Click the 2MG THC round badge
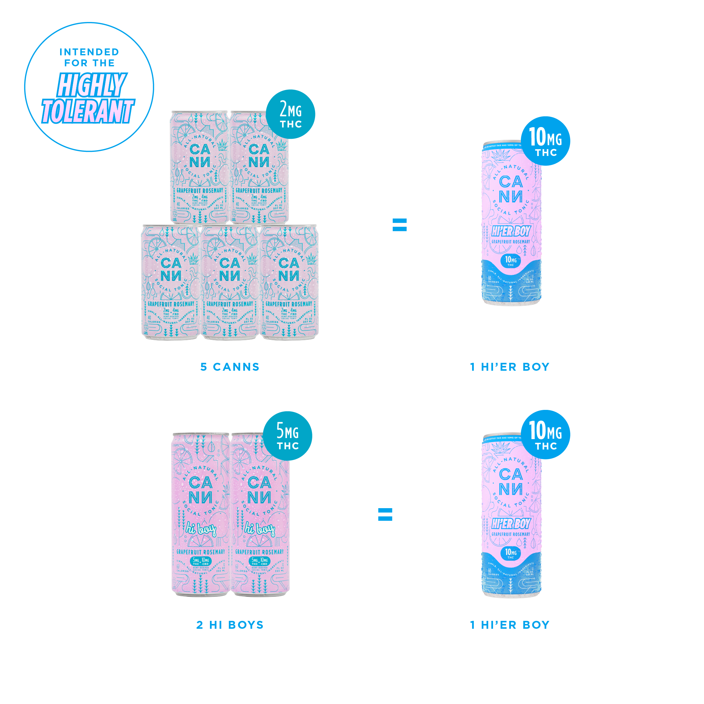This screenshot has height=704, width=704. pyautogui.click(x=290, y=114)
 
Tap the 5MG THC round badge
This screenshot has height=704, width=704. pyautogui.click(x=288, y=436)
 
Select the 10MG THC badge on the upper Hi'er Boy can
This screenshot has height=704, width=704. pyautogui.click(x=545, y=141)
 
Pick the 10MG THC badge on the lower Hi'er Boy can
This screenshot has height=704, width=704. pyautogui.click(x=545, y=434)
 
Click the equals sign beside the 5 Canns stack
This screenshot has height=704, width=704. pyautogui.click(x=399, y=225)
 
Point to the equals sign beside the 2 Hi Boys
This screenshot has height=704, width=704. pyautogui.click(x=385, y=515)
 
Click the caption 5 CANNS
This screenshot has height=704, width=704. pyautogui.click(x=230, y=367)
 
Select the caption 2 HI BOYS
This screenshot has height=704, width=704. pyautogui.click(x=230, y=625)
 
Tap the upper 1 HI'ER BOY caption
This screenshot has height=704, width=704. pyautogui.click(x=510, y=367)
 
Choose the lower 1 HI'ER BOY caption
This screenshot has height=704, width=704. pyautogui.click(x=510, y=625)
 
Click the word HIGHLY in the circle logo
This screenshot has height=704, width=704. pyautogui.click(x=92, y=85)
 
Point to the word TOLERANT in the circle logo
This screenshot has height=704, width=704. pyautogui.click(x=88, y=111)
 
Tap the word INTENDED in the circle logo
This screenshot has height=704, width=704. pyautogui.click(x=89, y=52)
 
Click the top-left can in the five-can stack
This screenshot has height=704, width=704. pyautogui.click(x=199, y=168)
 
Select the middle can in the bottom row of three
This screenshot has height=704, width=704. pyautogui.click(x=230, y=282)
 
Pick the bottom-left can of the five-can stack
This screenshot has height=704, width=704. pyautogui.click(x=171, y=282)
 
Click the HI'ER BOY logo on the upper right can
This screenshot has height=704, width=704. pyautogui.click(x=511, y=231)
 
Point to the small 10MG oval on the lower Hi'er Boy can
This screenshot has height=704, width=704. pyautogui.click(x=511, y=553)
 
